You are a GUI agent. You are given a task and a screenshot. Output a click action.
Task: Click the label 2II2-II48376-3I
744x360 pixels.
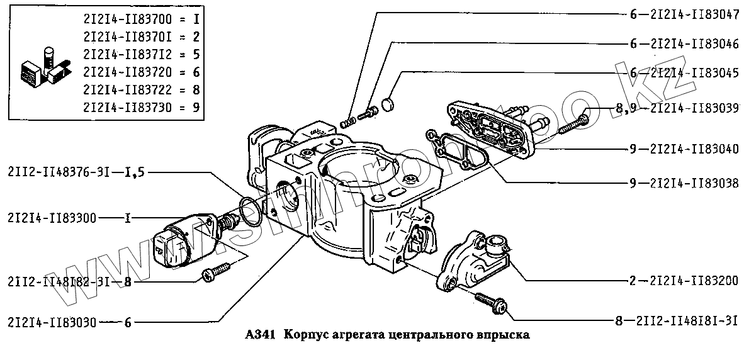click(56, 171)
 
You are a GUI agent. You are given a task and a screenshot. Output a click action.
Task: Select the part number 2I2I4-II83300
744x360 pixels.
click(52, 218)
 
